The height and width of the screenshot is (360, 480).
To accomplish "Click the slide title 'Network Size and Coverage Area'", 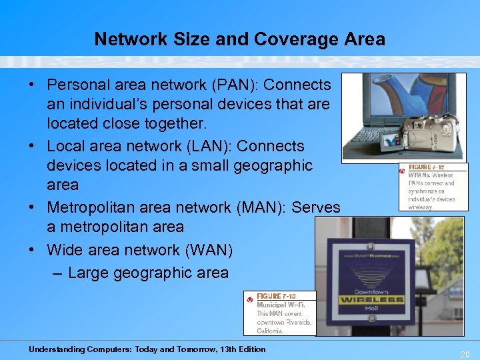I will [x=239, y=39].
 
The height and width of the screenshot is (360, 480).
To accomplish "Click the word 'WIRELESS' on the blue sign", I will [x=372, y=300].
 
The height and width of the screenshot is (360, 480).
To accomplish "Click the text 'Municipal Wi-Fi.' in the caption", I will [x=281, y=305].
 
